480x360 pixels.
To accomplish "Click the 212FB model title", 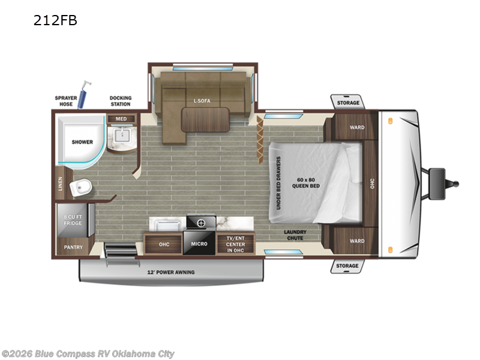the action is pyautogui.click(x=55, y=20).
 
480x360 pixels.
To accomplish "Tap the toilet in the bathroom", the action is pyautogui.click(x=81, y=187).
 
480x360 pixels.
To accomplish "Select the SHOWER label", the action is pyautogui.click(x=82, y=142).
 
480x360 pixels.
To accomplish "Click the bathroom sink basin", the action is pyautogui.click(x=122, y=135).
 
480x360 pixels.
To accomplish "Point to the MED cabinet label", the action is pyautogui.click(x=121, y=119).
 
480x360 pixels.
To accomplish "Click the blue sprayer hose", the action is pyautogui.click(x=83, y=94).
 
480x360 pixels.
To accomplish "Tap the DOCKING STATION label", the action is pyautogui.click(x=121, y=101).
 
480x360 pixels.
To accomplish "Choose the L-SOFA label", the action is pyautogui.click(x=202, y=101).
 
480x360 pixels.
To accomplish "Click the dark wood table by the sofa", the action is pyautogui.click(x=205, y=119).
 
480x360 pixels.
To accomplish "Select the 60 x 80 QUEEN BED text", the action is pyautogui.click(x=306, y=183).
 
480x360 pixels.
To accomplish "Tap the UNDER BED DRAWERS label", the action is pyautogui.click(x=278, y=183).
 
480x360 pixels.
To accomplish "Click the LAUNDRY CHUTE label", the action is pyautogui.click(x=295, y=235).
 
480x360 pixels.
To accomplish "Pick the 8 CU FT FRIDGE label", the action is pyautogui.click(x=73, y=220).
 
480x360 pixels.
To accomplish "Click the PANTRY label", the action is pyautogui.click(x=73, y=247).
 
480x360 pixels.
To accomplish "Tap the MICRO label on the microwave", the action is pyautogui.click(x=199, y=244).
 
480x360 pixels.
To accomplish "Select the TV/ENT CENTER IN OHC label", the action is pyautogui.click(x=235, y=244).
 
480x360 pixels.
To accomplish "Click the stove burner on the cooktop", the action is pyautogui.click(x=201, y=223).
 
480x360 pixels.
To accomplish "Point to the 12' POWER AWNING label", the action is pyautogui.click(x=171, y=272).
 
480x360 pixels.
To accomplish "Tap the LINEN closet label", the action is pyautogui.click(x=61, y=184).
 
